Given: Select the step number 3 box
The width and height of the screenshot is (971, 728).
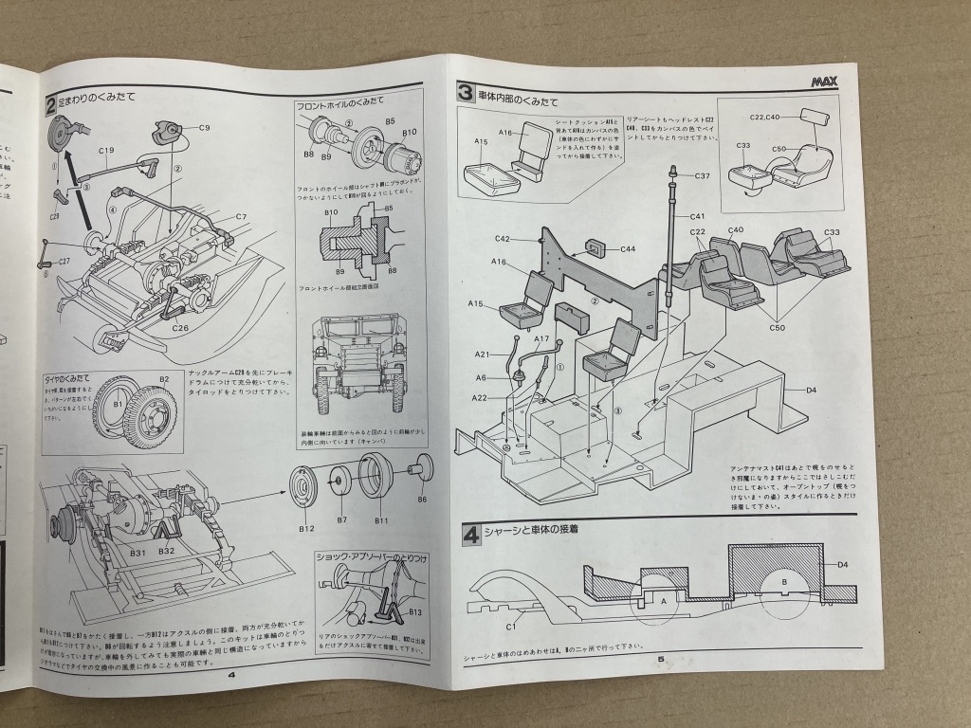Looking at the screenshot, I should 465,92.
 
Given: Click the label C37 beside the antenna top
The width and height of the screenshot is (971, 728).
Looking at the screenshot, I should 702,176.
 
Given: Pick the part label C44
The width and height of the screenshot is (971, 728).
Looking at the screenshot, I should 627,249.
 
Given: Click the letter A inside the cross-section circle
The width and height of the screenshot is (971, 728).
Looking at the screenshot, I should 663,601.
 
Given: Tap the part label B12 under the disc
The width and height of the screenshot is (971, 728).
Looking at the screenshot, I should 305,527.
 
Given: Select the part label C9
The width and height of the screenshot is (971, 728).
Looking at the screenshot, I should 205,126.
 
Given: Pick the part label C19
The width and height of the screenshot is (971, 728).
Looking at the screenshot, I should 105,150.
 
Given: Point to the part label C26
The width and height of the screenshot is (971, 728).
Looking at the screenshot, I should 182,327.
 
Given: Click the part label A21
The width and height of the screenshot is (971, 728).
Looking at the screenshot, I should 482,354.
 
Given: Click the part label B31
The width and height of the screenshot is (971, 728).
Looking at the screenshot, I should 137,552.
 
